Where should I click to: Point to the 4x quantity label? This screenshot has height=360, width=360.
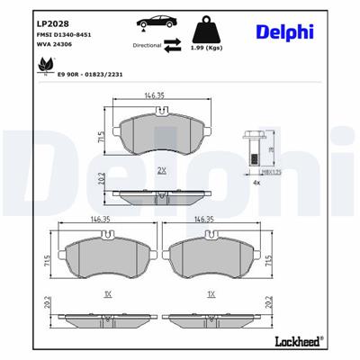pyautogui.click(x=256, y=183)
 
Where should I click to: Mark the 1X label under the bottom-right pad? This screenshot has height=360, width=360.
pyautogui.click(x=211, y=294)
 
